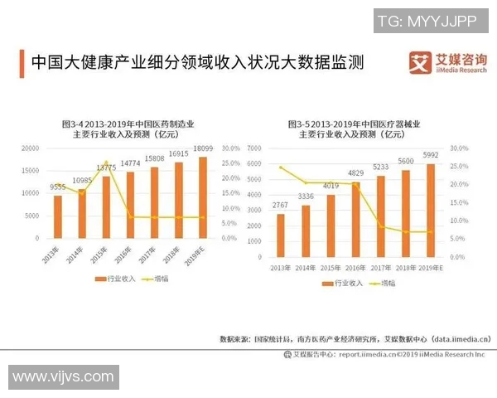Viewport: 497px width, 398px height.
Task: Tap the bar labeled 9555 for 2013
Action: click(57, 216)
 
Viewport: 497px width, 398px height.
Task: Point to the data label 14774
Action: click(130, 163)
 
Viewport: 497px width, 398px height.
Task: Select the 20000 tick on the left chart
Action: click(30, 148)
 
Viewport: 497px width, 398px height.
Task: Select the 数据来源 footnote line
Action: click(355, 339)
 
